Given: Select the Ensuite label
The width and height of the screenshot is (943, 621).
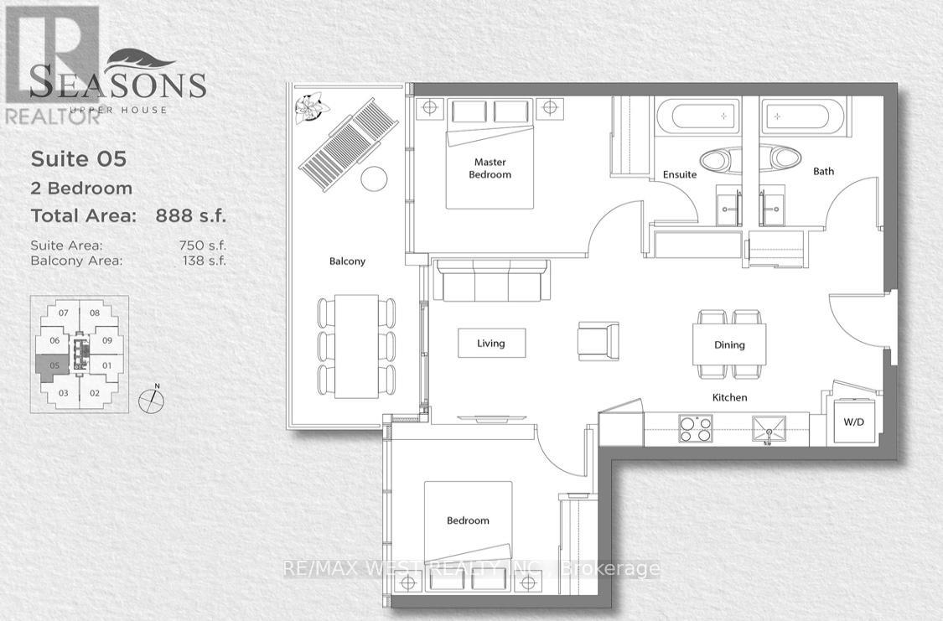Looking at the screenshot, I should tap(679, 174).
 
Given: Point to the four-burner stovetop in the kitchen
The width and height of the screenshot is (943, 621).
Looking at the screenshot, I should tap(695, 429).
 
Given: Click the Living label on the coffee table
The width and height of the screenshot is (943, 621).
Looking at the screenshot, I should tap(491, 344).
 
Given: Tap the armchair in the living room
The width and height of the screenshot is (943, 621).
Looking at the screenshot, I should tap(598, 341).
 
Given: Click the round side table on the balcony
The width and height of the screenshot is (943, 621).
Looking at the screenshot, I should tap(374, 179).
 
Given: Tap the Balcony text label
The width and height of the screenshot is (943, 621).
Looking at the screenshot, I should tap(346, 261).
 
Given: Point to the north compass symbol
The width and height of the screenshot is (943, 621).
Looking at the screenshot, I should tap(151, 399).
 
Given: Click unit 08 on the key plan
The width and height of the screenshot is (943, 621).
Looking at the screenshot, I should tap(95, 313).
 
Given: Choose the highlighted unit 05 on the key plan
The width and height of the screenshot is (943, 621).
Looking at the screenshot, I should tap(53, 365).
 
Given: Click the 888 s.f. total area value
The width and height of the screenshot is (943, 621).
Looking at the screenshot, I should tap(191, 215).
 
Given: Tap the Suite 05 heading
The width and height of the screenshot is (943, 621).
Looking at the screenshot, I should tap(79, 158).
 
